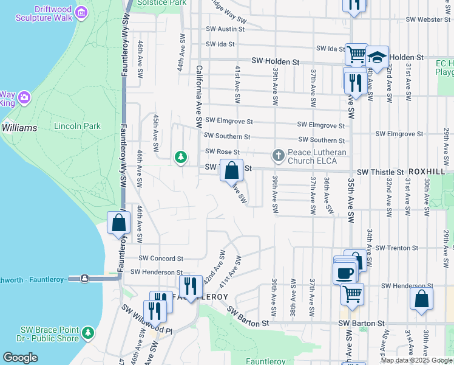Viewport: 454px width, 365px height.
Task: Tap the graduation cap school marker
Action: (377, 57)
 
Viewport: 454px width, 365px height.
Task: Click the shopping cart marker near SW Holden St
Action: (356, 55)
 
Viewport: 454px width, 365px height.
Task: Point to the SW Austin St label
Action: (225, 29)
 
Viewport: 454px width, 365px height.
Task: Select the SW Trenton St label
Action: (396, 248)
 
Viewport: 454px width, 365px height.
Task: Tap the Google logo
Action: (20, 358)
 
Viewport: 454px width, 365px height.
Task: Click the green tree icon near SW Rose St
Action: (180, 157)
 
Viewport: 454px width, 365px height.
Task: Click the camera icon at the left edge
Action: (24, 97)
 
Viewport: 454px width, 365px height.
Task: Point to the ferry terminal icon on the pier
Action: (84, 278)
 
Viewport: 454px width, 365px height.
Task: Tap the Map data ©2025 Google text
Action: (416, 360)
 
